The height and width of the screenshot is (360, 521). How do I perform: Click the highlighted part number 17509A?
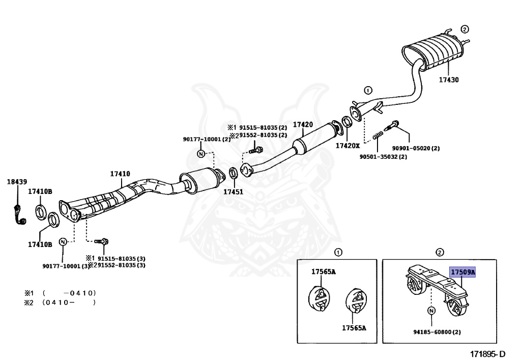pos(462,272)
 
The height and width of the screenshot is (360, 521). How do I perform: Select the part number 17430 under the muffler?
pos(449,80)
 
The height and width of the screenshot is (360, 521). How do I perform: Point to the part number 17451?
pos(233,192)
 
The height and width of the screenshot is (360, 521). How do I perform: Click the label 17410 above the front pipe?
pos(120,174)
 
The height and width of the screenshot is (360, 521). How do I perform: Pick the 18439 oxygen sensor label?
pos(17,181)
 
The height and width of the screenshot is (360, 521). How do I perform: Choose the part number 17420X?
pos(347,146)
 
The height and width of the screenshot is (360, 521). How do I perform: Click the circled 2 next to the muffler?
pos(465,29)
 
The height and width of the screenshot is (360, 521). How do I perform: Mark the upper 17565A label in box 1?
pos(324,271)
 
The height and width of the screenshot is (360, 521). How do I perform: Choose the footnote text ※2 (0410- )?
pos(60,302)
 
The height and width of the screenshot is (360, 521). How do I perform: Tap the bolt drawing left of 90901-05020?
pos(395,125)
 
